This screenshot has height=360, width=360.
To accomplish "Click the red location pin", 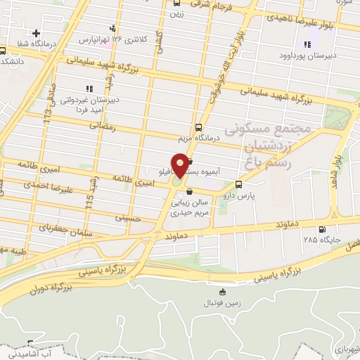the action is [x=180, y=165].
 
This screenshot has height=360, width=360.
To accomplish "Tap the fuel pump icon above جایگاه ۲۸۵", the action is [x=322, y=229].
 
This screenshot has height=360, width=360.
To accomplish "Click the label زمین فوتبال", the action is [x=224, y=303].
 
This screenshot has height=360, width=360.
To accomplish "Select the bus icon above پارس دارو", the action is [x=239, y=185].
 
